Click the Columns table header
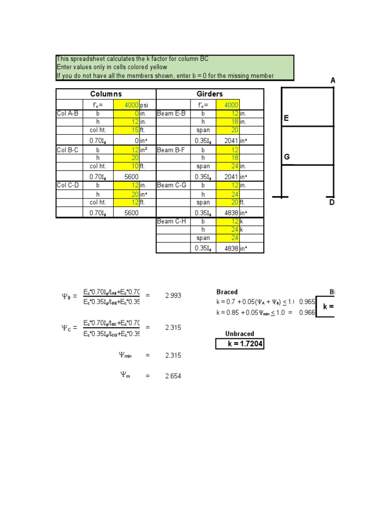(x=106, y=94)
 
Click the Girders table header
(x=209, y=94)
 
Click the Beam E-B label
(x=171, y=113)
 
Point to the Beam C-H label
(x=171, y=222)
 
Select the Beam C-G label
(x=171, y=186)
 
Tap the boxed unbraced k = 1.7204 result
(x=239, y=344)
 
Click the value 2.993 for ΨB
(x=173, y=295)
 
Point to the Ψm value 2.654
(x=173, y=376)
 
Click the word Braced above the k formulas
(x=227, y=292)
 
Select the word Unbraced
(x=239, y=333)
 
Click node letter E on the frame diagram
(x=286, y=118)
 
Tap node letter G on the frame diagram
(x=287, y=157)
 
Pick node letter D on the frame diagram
(x=332, y=202)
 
